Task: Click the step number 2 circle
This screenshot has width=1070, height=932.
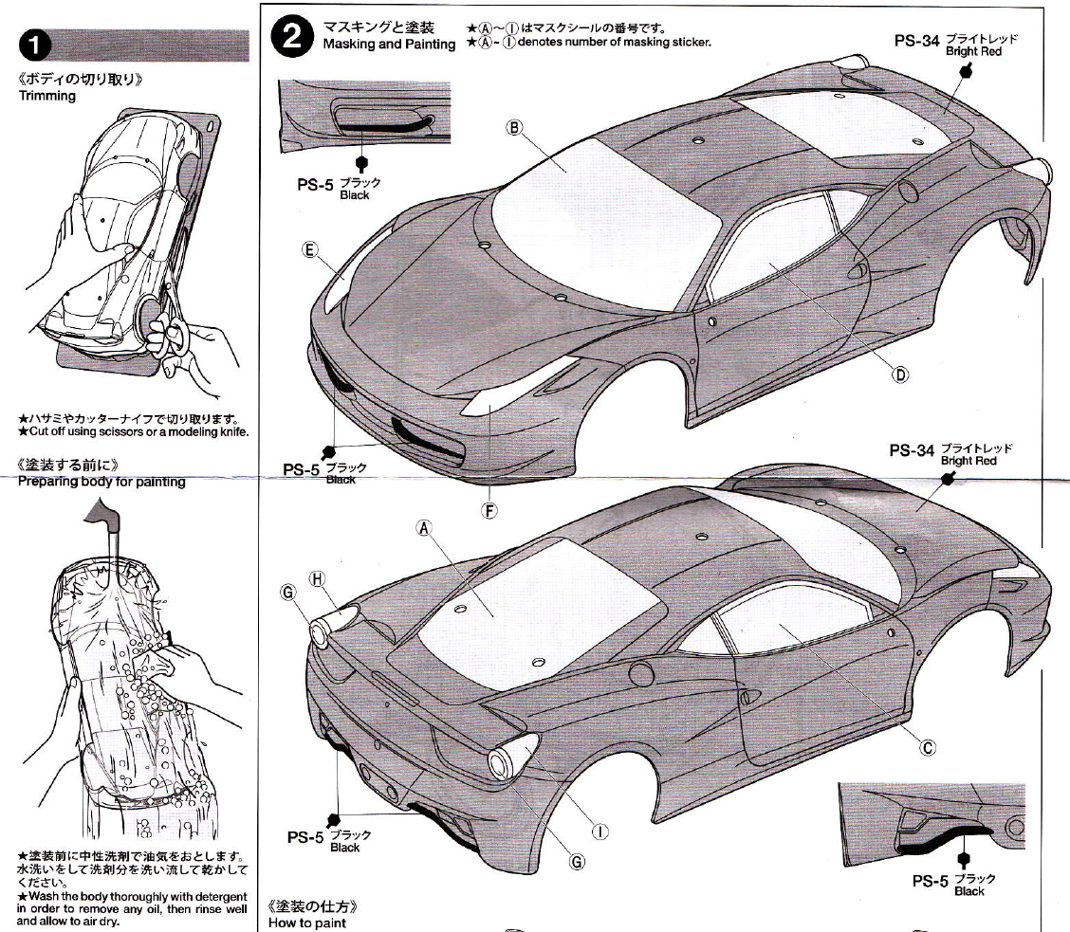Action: pos(291,38)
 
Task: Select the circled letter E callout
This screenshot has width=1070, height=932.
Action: pos(309,249)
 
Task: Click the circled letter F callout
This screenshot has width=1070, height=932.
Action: pos(489,511)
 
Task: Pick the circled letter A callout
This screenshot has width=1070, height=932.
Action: pos(424,528)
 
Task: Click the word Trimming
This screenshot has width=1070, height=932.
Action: pos(47,96)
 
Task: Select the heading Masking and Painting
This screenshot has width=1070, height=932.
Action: pos(389,45)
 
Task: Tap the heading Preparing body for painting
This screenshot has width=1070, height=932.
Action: pos(101,482)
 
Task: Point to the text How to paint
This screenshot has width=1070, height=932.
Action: pos(307,923)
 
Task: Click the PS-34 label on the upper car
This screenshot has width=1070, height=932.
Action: pos(916,43)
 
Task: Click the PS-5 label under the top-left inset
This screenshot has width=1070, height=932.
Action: pos(311,185)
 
